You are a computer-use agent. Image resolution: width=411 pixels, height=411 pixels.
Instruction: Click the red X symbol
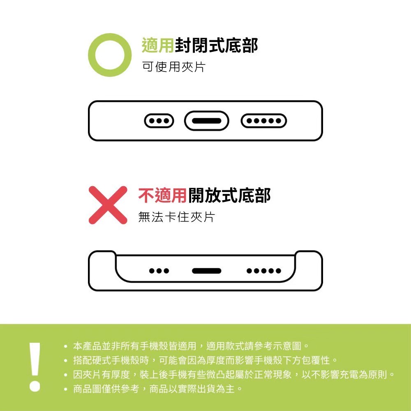[108, 205]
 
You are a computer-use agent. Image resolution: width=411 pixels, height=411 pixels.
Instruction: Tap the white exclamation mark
[35, 367]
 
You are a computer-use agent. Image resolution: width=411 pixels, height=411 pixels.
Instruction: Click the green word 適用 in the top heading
[157, 45]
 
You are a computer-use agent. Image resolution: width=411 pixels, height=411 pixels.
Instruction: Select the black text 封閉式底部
[216, 45]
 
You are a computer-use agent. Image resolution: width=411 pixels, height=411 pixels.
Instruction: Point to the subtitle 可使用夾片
[173, 67]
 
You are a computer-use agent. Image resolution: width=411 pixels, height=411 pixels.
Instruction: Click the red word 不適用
[162, 196]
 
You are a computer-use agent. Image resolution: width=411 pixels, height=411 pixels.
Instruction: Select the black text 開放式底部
[229, 196]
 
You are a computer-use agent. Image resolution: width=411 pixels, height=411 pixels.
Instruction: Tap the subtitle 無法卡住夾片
[177, 217]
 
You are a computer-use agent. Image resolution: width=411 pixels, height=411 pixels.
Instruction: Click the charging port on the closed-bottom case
[207, 121]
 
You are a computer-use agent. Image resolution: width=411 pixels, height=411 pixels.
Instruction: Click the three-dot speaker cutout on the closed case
[159, 121]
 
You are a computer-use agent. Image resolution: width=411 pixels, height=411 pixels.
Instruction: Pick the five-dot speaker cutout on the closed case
[264, 121]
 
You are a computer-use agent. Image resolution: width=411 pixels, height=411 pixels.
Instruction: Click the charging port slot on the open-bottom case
[207, 271]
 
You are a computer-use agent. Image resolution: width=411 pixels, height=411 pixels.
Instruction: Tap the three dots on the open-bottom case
[159, 271]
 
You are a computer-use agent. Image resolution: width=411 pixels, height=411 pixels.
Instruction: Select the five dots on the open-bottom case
[264, 271]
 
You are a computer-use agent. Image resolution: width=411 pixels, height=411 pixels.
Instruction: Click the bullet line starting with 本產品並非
[187, 346]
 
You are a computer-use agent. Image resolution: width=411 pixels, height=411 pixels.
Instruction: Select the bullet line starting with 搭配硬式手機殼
[201, 360]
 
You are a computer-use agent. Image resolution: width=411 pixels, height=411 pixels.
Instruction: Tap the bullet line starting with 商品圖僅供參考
[153, 389]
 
